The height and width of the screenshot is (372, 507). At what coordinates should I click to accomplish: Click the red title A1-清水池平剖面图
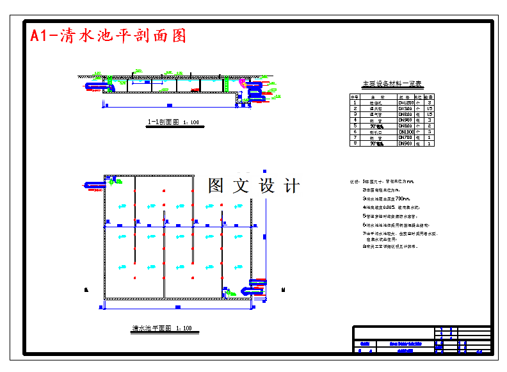[108, 36]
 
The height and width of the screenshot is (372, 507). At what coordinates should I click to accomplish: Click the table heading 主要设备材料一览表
[392, 84]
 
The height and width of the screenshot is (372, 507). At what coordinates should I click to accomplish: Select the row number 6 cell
[354, 132]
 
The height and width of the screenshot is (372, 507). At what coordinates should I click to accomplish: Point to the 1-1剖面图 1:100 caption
[173, 122]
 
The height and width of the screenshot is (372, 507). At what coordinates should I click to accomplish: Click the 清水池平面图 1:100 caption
[162, 328]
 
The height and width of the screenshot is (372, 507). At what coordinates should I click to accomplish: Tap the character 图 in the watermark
[216, 186]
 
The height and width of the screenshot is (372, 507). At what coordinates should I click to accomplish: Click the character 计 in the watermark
[291, 186]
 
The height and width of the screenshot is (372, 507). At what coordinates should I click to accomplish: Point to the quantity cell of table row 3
[430, 114]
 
